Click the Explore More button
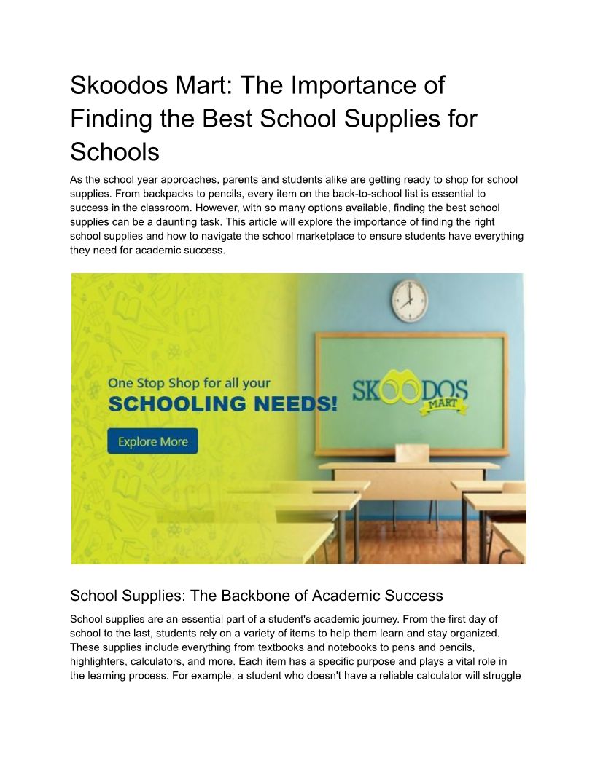152,441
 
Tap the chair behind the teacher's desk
412,453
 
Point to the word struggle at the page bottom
502,675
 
